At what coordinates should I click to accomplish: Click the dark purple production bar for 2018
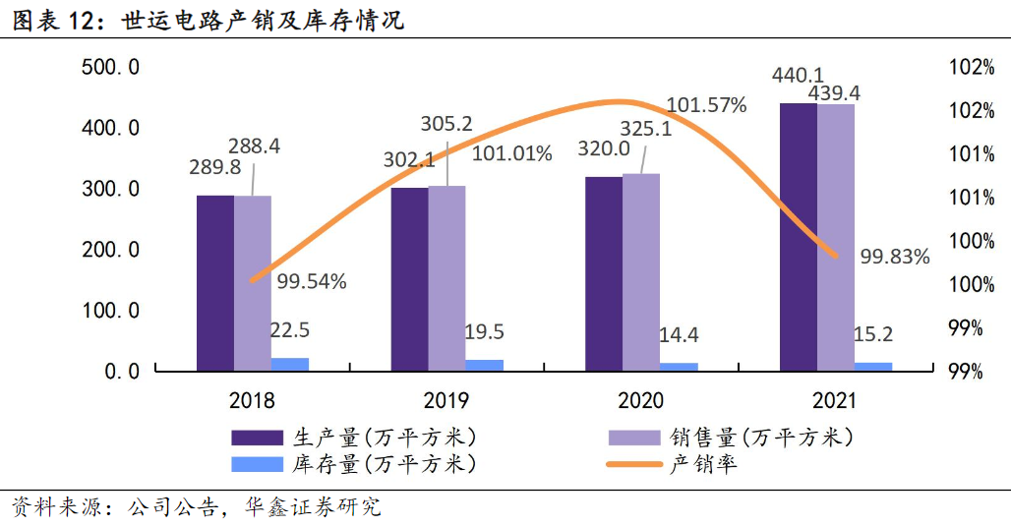point(214,283)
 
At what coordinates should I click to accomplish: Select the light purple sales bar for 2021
point(836,237)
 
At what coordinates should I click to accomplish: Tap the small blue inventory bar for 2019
point(485,365)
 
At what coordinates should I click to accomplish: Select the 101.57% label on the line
point(706,104)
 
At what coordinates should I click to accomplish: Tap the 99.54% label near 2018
point(311,281)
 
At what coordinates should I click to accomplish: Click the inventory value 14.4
point(679,334)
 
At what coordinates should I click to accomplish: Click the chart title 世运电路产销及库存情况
point(264,20)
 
